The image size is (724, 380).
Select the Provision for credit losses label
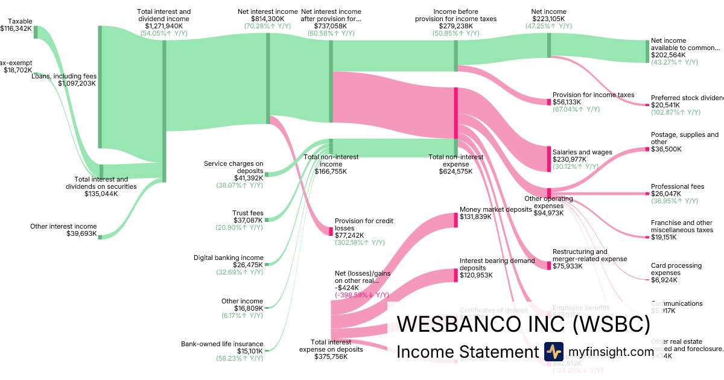click(x=364, y=224)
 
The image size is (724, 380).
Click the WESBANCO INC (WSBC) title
click(x=524, y=325)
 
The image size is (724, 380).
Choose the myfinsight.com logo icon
click(x=553, y=352)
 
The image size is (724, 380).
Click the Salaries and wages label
click(x=582, y=152)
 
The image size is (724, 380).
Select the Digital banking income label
click(x=228, y=258)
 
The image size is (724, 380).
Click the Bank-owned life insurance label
click(x=222, y=344)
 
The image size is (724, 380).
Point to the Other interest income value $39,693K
click(x=81, y=233)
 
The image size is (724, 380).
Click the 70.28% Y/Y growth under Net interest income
click(x=268, y=26)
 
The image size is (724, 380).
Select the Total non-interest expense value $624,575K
click(x=456, y=171)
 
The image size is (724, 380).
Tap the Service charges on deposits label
click(x=233, y=166)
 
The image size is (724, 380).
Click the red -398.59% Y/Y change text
click(x=362, y=295)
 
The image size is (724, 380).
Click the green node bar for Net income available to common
click(x=648, y=51)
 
